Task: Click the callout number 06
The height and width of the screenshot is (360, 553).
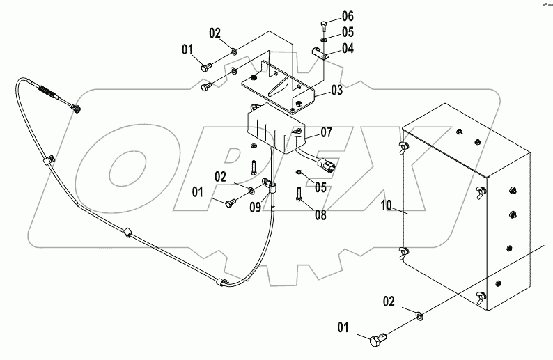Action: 348,16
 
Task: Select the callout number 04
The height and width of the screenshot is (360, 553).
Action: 348,48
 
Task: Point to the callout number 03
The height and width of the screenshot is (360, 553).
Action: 336,90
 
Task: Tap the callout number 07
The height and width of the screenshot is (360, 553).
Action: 327,132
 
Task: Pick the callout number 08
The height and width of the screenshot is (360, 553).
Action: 320,216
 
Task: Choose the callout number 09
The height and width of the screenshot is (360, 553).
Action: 256,207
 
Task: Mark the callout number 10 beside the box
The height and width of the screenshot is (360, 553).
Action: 387,207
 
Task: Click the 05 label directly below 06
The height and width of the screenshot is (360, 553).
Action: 348,32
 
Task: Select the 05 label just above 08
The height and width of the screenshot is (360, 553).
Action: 320,187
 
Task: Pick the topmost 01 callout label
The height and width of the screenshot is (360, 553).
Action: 188,49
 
